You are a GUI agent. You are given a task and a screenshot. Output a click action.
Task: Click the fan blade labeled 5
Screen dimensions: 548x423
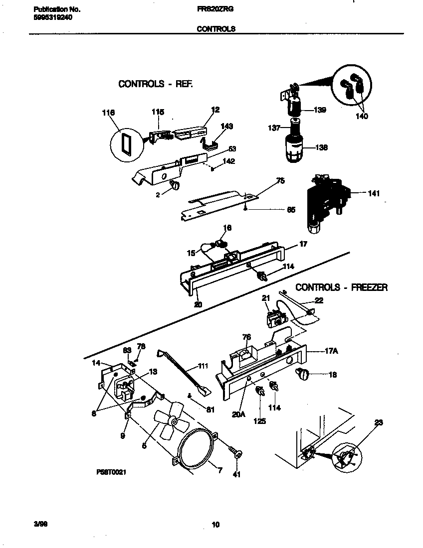click(x=170, y=423)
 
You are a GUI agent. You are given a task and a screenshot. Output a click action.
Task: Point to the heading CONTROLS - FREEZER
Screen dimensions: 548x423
click(x=341, y=287)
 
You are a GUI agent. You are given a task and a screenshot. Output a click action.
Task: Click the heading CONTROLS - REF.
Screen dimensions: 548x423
click(x=155, y=84)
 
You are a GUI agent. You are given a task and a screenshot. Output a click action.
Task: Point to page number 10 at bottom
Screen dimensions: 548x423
click(x=215, y=524)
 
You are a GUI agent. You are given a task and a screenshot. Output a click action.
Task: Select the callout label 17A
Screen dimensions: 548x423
click(x=331, y=351)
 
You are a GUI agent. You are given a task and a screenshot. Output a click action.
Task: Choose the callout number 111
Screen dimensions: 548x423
click(x=203, y=366)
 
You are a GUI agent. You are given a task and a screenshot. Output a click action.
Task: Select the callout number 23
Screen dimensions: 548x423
click(x=379, y=423)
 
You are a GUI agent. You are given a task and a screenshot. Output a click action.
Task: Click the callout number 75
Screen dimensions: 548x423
click(x=280, y=181)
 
